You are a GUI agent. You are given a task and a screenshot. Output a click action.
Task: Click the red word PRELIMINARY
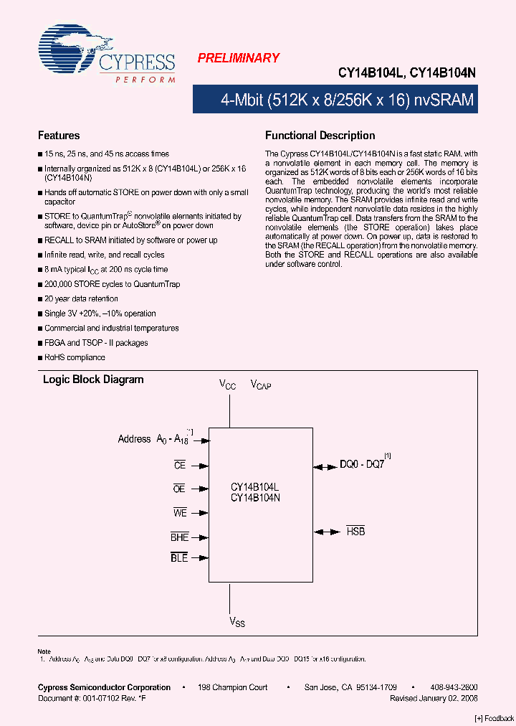pyautogui.click(x=238, y=58)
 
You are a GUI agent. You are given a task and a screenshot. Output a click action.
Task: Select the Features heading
pyautogui.click(x=59, y=136)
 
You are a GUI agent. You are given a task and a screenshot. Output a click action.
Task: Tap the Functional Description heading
pyautogui.click(x=320, y=136)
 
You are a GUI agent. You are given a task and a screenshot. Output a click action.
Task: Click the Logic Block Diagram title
pyautogui.click(x=93, y=379)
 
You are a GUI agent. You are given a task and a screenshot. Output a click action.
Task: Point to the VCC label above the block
pyautogui.click(x=227, y=385)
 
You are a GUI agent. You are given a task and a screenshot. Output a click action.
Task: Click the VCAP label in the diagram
pyautogui.click(x=260, y=385)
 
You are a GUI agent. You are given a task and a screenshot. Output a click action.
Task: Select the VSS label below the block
pyautogui.click(x=237, y=623)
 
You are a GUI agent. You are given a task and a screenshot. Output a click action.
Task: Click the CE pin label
pyautogui.click(x=180, y=465)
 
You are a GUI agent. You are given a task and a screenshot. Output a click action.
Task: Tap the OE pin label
pyautogui.click(x=179, y=489)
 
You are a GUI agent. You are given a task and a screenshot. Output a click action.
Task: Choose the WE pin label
pyautogui.click(x=180, y=512)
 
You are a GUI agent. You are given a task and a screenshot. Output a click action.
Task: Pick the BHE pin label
pyautogui.click(x=179, y=537)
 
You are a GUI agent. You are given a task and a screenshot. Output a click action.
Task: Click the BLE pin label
pyautogui.click(x=179, y=557)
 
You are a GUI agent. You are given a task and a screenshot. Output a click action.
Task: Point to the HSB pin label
pyautogui.click(x=355, y=532)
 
